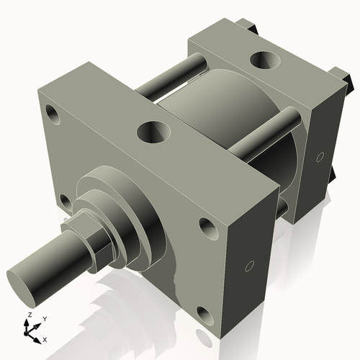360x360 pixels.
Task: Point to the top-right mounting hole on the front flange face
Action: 207,228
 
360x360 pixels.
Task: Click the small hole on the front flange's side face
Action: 249,266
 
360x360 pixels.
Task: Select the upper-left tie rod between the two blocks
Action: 167,80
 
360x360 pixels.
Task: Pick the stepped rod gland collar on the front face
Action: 126,209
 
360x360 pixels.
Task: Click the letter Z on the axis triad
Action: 28,315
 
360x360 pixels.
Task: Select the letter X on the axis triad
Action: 45,338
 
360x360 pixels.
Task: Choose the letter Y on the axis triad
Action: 44,318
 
